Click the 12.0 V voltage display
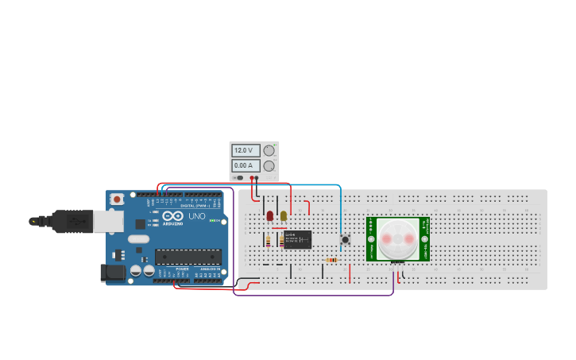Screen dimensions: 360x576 pos(244,150)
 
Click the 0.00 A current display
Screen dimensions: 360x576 pos(244,165)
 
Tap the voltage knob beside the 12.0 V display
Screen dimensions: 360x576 pos(269,150)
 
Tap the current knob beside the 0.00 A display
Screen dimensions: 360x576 pos(269,166)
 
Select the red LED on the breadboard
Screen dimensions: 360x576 pos(270,215)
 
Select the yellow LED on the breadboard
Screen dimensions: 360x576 pos(284,215)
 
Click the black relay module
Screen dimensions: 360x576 pos(297,239)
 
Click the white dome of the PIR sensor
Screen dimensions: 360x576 pos(397,238)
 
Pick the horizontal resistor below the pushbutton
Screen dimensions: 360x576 pos(331,260)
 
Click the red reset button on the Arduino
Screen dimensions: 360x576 pos(117,199)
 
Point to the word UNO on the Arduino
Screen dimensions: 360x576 pos(196,216)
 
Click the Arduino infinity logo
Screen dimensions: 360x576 pos(172,216)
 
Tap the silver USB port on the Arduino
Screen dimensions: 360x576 pos(108,221)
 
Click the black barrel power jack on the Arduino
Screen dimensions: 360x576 pos(114,273)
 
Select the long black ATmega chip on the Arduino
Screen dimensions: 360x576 pos(187,256)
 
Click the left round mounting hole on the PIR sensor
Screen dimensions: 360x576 pos(370,238)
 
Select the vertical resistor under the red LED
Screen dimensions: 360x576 pos(269,240)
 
